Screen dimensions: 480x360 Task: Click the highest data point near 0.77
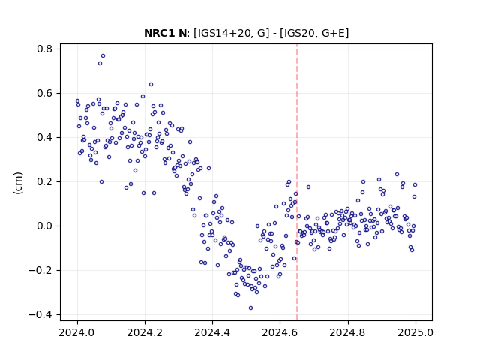pos(103,55)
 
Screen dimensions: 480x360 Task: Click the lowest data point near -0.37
pos(250,307)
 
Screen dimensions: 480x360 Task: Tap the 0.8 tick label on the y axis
pos(44,49)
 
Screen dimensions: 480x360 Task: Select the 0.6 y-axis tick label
pos(44,93)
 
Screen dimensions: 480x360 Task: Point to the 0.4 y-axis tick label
pos(44,137)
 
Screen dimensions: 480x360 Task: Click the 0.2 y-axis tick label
pos(44,181)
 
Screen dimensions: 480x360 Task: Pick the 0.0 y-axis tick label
pos(44,226)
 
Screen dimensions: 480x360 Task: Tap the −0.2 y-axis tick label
pos(40,270)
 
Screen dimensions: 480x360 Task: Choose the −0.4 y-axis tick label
pos(40,315)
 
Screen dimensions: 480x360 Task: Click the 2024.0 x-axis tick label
pos(77,332)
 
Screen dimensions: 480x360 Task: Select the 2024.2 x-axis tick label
pos(145,332)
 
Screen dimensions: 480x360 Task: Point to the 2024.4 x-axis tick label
pos(212,332)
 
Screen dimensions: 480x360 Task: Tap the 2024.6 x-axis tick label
pos(280,332)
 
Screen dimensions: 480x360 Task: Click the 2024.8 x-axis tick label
pos(348,332)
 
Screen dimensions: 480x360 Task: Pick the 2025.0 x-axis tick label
pos(415,332)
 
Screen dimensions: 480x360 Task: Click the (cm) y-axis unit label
pos(18,183)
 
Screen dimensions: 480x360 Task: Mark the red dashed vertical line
pos(297,182)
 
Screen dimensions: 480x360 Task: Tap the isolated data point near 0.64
pos(151,84)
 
